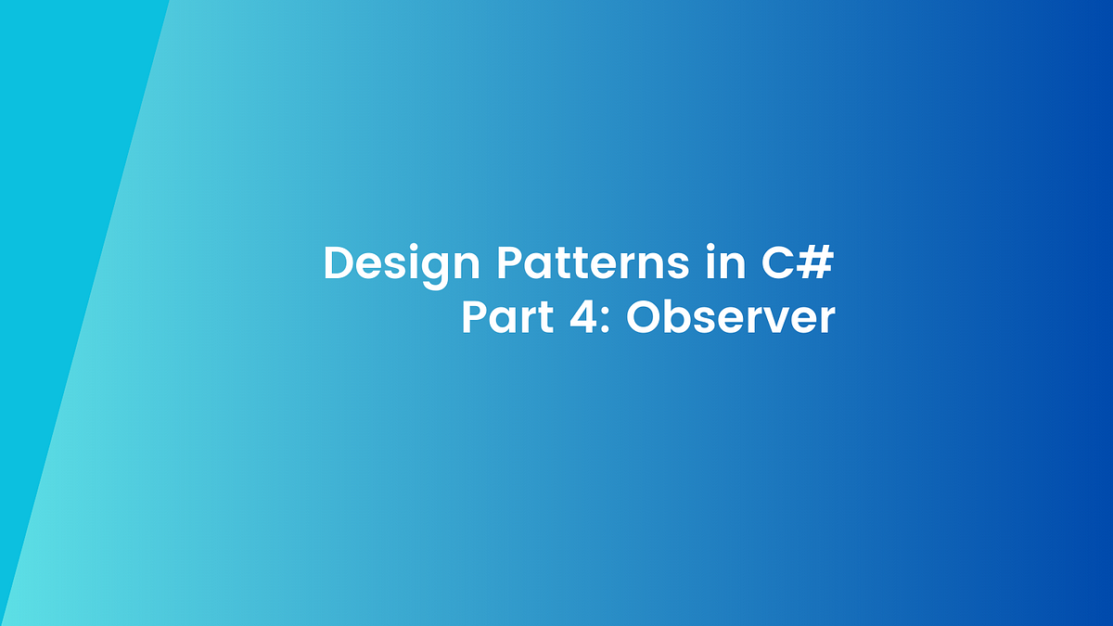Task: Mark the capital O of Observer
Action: [x=644, y=318]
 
